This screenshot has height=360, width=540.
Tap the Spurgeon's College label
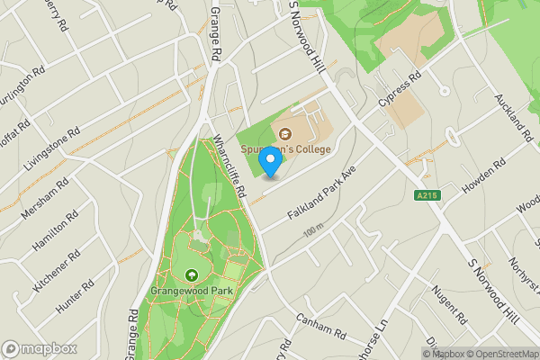(285, 148)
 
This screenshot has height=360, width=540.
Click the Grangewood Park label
(192, 291)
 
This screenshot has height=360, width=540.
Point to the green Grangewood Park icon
(192, 276)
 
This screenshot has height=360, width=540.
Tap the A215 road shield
(427, 195)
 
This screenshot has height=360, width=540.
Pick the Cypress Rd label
(400, 93)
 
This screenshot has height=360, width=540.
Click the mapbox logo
(38, 348)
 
